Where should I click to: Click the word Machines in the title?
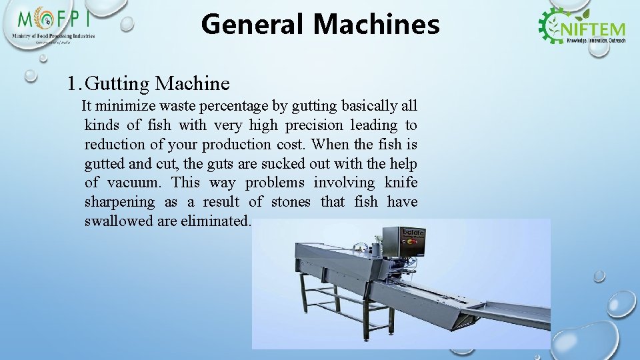(x=376, y=25)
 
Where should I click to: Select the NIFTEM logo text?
(x=595, y=29)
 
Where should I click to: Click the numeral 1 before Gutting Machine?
(x=73, y=84)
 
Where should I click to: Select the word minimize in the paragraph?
(x=125, y=106)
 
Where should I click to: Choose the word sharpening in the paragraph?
(x=119, y=202)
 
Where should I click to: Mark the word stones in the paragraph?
(x=288, y=202)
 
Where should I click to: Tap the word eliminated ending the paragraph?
(x=215, y=221)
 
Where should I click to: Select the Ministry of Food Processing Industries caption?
(x=53, y=36)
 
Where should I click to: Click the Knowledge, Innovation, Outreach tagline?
(x=595, y=41)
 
